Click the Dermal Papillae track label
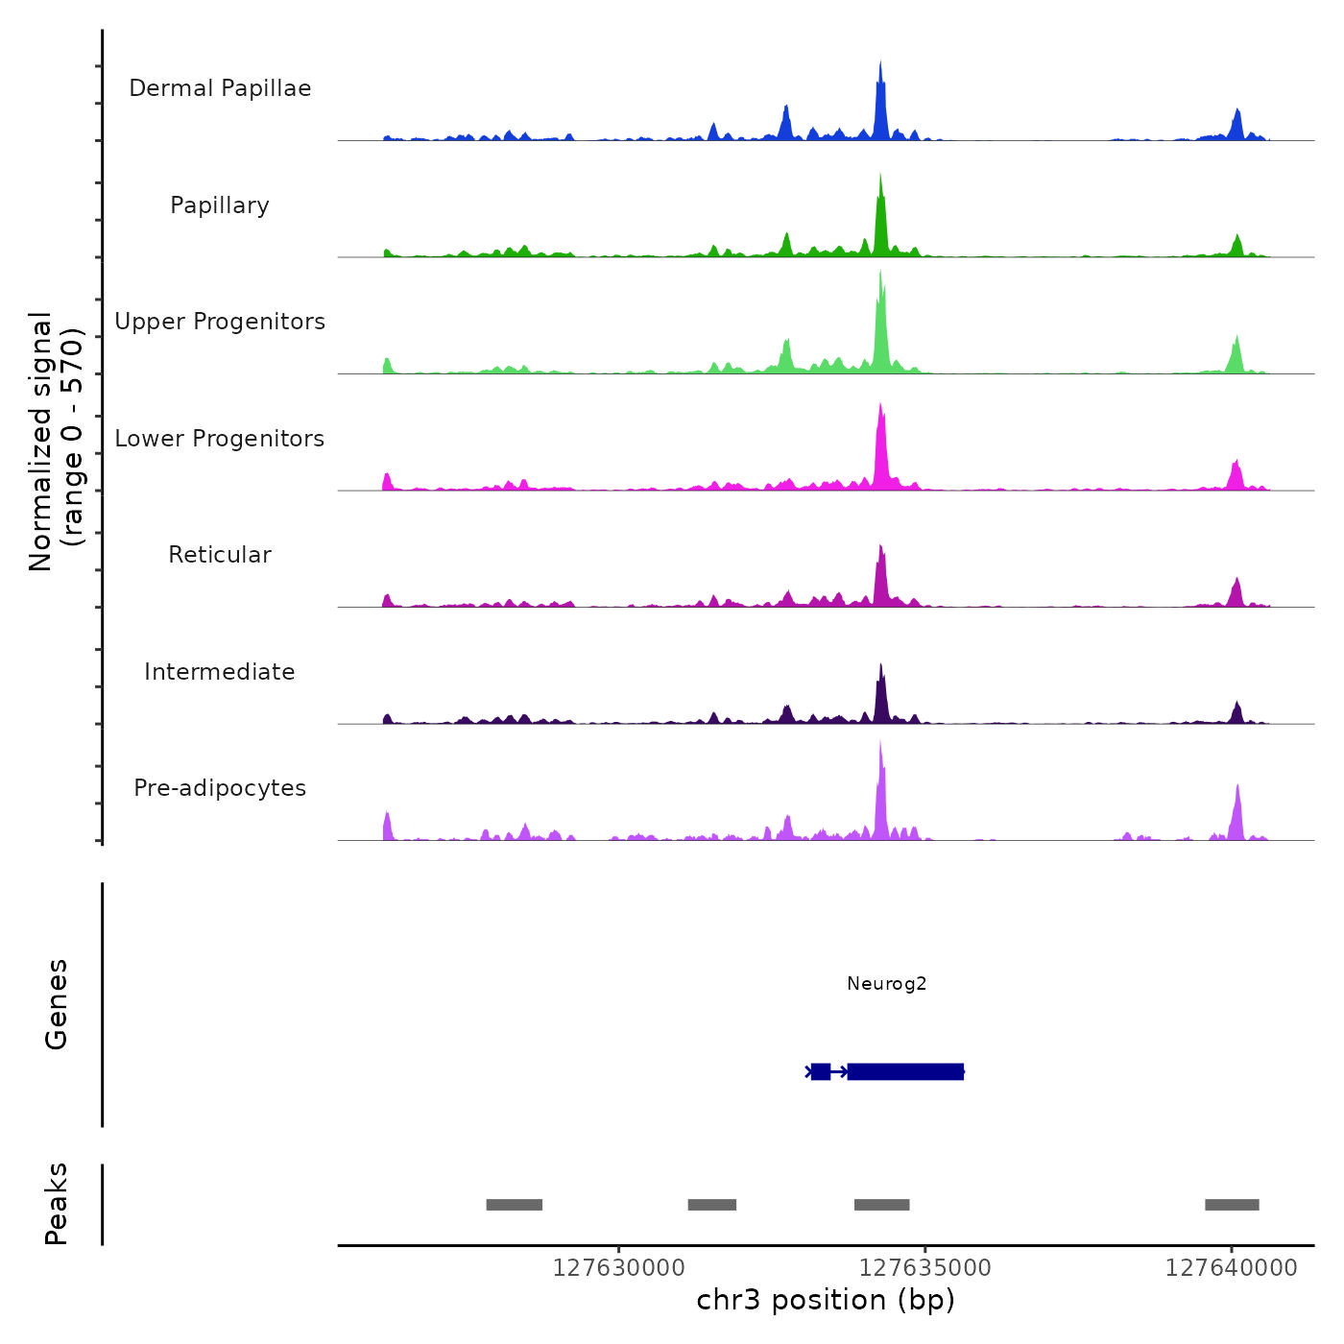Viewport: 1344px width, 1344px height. tap(220, 88)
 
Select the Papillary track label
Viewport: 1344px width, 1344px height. tap(220, 205)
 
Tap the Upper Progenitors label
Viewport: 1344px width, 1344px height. tap(220, 322)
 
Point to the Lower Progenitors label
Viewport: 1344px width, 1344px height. tap(220, 439)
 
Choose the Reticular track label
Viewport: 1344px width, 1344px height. tap(220, 555)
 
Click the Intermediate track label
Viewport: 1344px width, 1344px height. tap(220, 672)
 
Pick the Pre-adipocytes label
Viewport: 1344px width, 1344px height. tap(220, 788)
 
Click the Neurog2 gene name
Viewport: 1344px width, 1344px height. tap(886, 983)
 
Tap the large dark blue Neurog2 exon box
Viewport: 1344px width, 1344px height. tap(905, 1071)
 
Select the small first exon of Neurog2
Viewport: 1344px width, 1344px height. tap(821, 1071)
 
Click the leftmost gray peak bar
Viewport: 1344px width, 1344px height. tap(515, 1205)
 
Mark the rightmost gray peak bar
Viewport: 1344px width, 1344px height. tap(1232, 1205)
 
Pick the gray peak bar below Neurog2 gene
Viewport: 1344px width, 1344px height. tap(881, 1205)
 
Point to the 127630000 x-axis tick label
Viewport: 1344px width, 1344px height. tap(619, 1268)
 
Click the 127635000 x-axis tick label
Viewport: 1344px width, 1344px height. tap(925, 1268)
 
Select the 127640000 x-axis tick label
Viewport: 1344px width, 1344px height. tap(1232, 1268)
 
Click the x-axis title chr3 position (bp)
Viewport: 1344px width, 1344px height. tap(826, 1300)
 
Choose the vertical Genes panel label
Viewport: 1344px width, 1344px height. tap(57, 1004)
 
